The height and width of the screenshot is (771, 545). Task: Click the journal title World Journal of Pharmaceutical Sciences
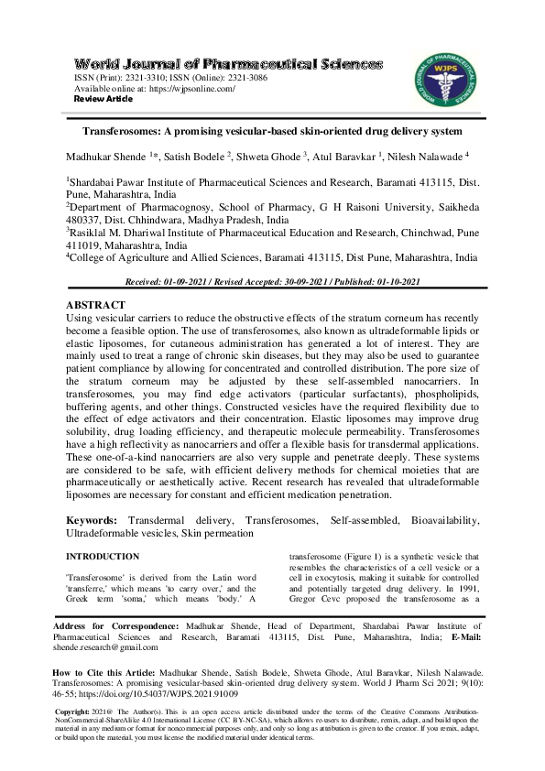228,64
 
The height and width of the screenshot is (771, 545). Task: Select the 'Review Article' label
103,99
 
